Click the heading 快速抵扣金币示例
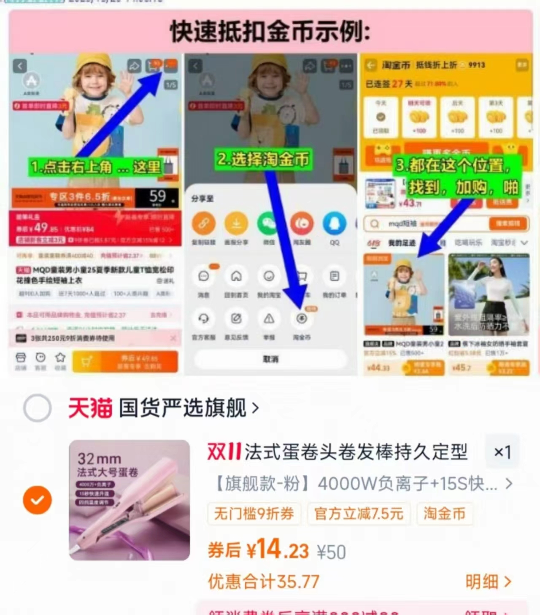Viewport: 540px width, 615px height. tap(270, 32)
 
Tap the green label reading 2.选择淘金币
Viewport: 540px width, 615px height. tap(263, 159)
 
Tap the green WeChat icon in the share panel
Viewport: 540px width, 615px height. tap(269, 223)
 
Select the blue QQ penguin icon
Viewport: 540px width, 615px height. tap(334, 223)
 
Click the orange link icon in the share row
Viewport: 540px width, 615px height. tap(204, 223)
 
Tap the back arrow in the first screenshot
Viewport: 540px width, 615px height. tap(20, 66)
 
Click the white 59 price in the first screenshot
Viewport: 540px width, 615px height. tap(158, 196)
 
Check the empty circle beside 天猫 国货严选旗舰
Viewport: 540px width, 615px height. tap(37, 408)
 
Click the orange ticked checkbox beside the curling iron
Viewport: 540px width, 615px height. tap(37, 500)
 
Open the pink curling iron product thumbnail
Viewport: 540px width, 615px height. tap(130, 500)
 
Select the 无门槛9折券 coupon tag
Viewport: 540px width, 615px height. tap(254, 514)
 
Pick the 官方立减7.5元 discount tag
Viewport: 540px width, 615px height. tap(359, 514)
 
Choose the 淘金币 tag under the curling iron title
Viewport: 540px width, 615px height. tap(444, 514)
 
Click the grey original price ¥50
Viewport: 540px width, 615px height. tap(331, 552)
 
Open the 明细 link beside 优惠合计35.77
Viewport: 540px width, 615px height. tap(488, 582)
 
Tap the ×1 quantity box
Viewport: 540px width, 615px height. tap(502, 452)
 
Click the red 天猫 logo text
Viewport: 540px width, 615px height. tap(90, 408)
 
